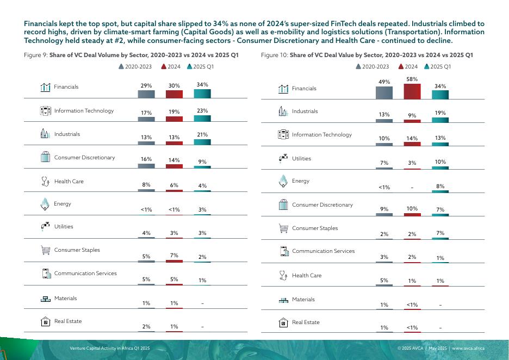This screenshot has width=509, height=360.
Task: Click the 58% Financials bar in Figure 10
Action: click(x=412, y=91)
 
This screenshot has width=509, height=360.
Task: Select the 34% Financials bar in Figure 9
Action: click(x=202, y=94)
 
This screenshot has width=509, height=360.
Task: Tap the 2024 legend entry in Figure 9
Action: click(x=171, y=66)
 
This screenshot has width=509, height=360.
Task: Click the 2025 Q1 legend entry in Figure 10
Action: click(x=437, y=66)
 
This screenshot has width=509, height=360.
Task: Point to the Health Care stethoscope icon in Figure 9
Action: click(x=46, y=181)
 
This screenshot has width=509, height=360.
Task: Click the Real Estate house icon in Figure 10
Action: click(x=283, y=322)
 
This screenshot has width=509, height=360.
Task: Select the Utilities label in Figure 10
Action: click(x=301, y=158)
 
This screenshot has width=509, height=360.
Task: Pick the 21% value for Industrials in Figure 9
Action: click(x=202, y=134)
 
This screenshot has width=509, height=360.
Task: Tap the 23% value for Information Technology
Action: click(x=202, y=110)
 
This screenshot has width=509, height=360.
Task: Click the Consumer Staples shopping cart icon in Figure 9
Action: click(x=46, y=250)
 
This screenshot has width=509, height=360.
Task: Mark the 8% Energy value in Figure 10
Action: click(x=440, y=186)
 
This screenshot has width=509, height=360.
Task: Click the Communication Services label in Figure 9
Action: click(x=85, y=274)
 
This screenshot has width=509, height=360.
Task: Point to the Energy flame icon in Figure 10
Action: click(x=283, y=181)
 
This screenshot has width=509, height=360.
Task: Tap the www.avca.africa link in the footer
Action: click(x=468, y=348)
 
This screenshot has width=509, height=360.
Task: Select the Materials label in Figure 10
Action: click(x=303, y=299)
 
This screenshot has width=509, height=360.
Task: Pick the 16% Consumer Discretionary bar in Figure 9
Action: click(x=146, y=166)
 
